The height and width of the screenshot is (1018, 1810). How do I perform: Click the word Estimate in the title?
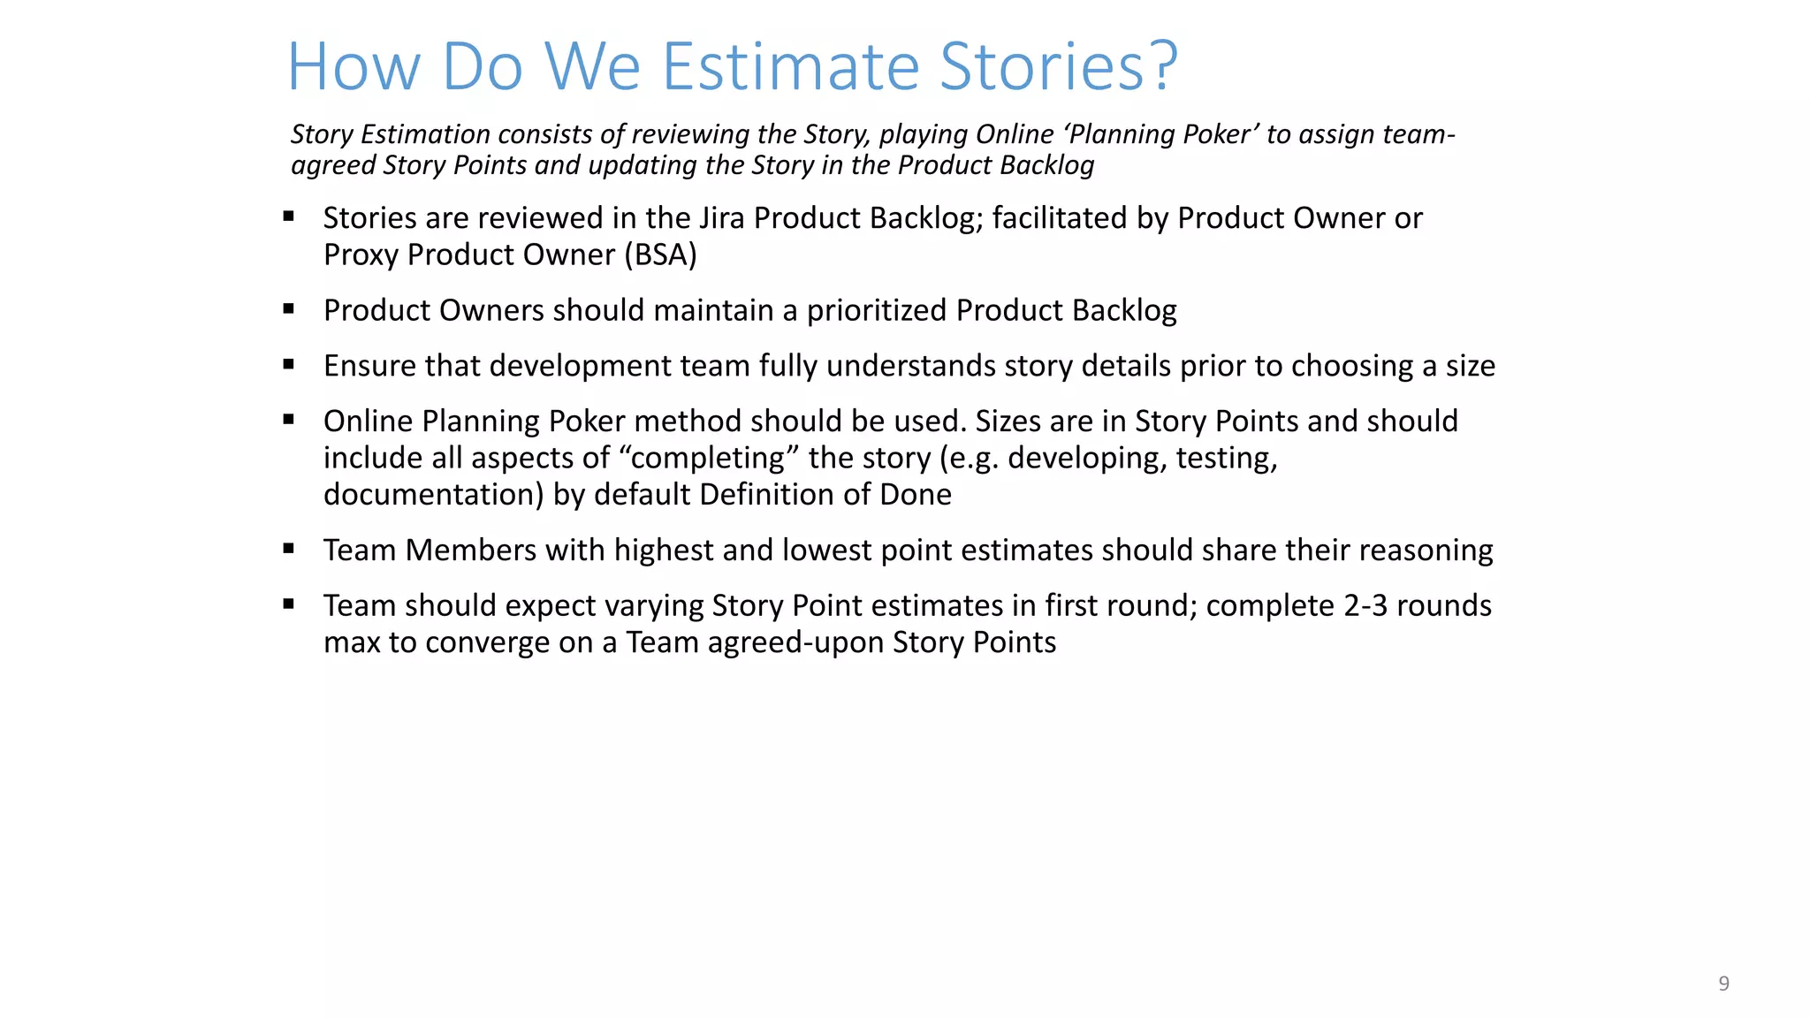coord(791,66)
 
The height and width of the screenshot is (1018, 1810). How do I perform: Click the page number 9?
coord(1723,984)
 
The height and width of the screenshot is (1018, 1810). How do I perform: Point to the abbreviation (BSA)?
coord(660,255)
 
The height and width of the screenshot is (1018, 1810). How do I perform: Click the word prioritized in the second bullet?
coord(877,311)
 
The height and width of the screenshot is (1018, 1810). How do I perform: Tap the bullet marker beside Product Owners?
coord(288,309)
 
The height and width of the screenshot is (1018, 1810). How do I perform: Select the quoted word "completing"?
coord(709,458)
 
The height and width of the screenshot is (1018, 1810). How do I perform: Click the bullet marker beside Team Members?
coord(288,549)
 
